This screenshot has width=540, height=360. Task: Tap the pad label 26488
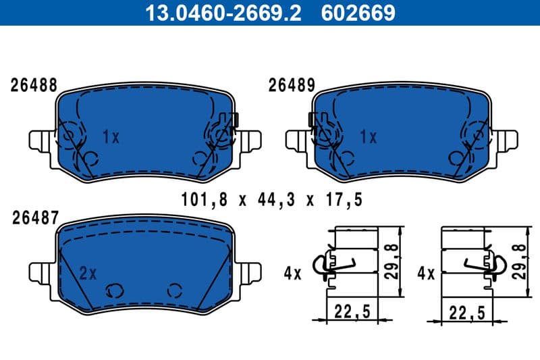[x=33, y=85]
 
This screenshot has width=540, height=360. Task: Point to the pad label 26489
[x=292, y=85]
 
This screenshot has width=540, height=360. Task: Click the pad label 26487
[x=33, y=217]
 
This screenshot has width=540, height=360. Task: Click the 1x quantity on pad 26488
[x=110, y=138]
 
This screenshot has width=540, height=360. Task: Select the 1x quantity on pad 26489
[x=368, y=138]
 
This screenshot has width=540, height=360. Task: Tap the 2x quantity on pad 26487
[x=88, y=274]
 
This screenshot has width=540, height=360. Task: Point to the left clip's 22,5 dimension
[x=353, y=313]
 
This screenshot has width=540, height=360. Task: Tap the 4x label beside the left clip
[x=292, y=274]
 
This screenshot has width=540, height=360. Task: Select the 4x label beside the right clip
[x=425, y=274]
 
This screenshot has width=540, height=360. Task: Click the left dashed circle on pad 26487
[x=113, y=290]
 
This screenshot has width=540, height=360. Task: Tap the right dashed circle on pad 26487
[x=175, y=290]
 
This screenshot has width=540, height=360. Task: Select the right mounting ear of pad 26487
[x=250, y=273]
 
